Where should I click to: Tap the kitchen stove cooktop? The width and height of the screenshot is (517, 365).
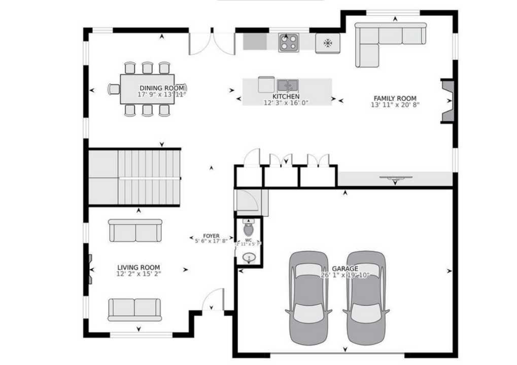(x=289, y=42)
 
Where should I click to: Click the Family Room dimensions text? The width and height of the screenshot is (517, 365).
(x=395, y=105)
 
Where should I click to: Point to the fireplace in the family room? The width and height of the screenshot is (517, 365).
(x=448, y=100)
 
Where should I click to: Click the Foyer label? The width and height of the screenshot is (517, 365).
(x=211, y=236)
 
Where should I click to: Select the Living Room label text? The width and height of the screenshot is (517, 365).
(x=139, y=268)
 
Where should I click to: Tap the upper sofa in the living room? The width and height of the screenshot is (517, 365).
(x=135, y=231)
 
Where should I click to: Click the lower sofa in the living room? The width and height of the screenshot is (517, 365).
(x=134, y=309)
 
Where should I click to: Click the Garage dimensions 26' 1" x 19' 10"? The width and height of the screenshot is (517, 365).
(x=345, y=275)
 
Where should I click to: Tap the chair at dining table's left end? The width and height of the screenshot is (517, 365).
(x=114, y=89)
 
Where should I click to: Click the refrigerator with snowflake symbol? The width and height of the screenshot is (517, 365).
(x=327, y=43)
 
